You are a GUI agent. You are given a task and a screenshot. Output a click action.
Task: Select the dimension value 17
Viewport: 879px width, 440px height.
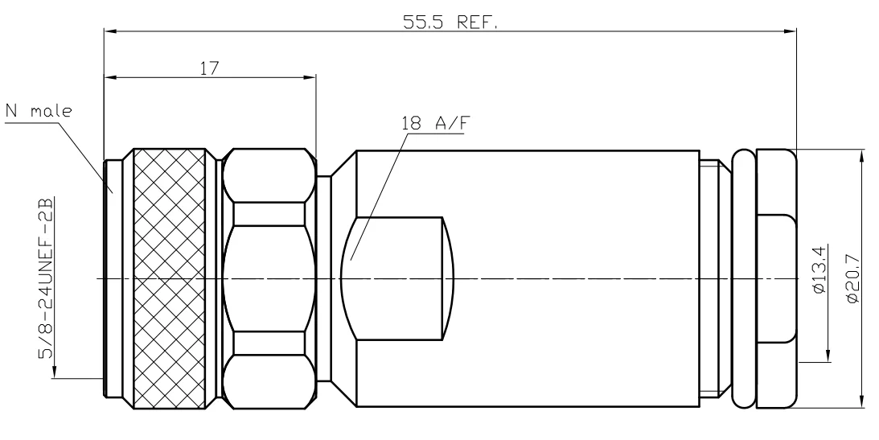211,68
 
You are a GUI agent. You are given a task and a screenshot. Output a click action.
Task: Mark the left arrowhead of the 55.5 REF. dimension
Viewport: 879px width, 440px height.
109,32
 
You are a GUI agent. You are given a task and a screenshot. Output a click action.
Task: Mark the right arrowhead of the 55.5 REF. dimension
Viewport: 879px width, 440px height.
790,32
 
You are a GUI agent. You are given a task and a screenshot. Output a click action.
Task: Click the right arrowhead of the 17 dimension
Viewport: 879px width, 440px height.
310,78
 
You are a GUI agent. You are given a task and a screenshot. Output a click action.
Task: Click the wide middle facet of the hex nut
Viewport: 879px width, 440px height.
269,278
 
